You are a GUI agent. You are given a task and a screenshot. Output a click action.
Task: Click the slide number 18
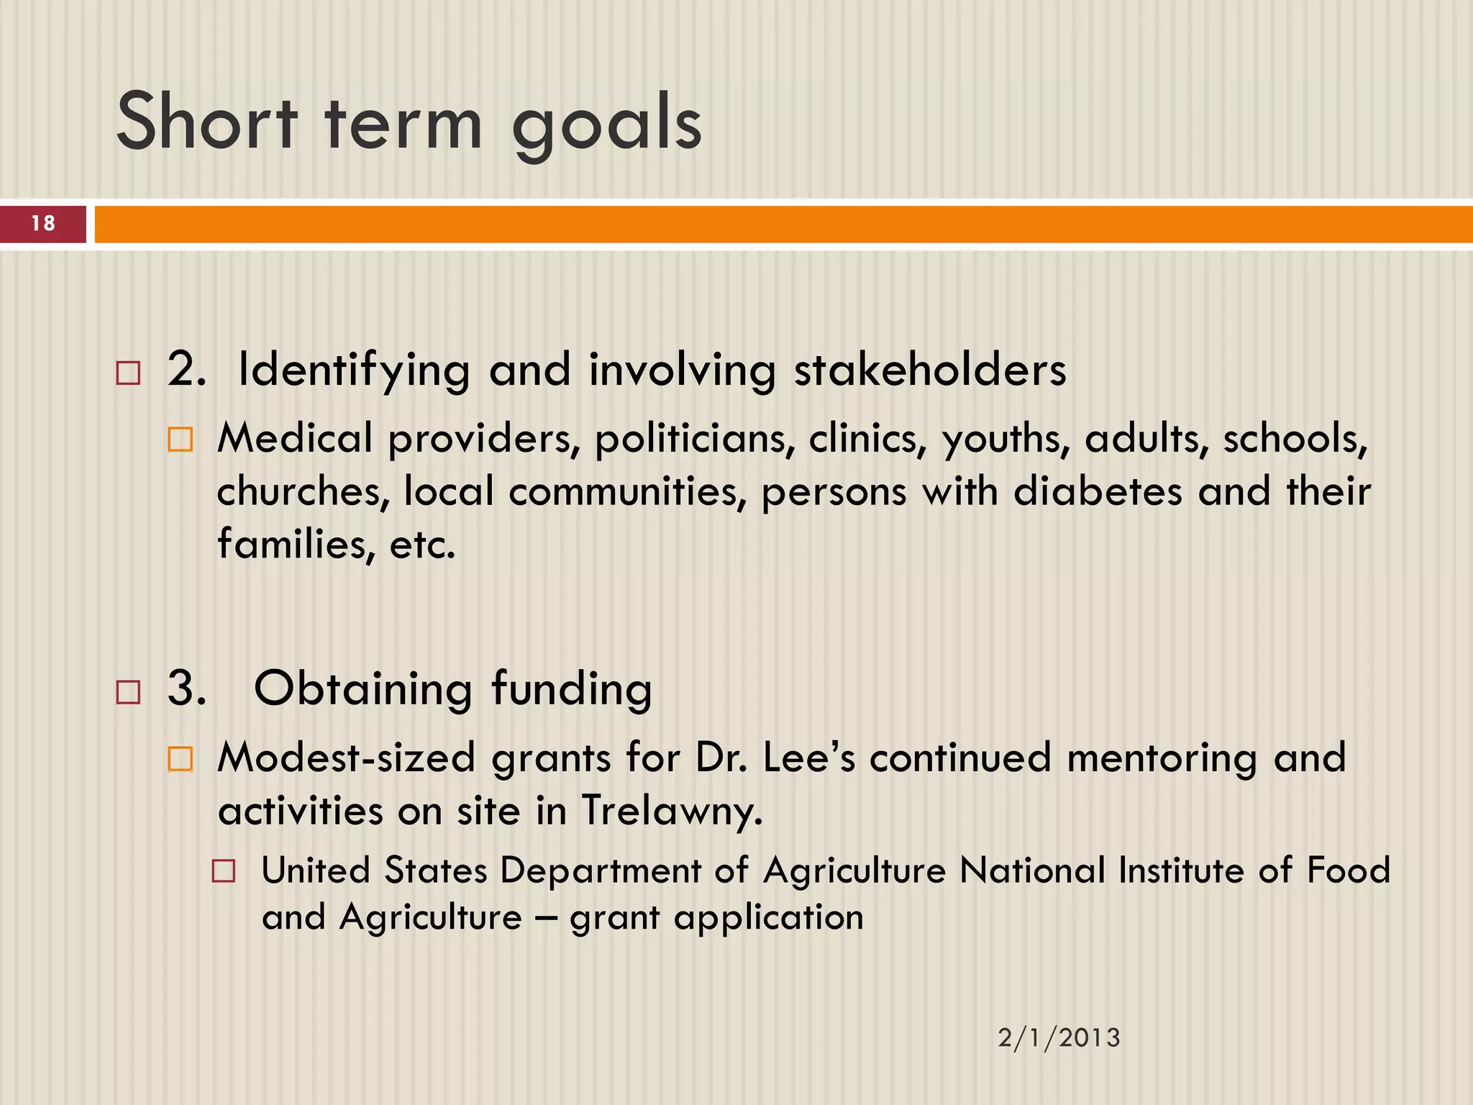43,224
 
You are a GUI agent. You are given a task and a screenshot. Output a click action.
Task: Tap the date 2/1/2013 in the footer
1059,1038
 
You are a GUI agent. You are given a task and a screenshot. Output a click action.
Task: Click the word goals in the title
606,124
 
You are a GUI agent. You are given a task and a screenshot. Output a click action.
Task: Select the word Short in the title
206,122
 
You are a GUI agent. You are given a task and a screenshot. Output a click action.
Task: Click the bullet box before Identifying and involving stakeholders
128,373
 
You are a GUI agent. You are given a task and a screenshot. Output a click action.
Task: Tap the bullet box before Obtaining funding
128,692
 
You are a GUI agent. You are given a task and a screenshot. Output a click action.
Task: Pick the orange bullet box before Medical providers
180,440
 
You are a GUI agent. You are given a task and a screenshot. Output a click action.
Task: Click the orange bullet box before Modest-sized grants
180,759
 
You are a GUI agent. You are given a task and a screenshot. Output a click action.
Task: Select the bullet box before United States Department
224,872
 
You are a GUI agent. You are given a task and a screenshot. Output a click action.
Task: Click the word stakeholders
929,370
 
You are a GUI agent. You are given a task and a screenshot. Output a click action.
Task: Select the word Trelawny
671,811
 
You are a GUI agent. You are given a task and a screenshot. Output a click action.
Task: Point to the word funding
572,689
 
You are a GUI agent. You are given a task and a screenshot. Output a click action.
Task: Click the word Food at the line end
1348,870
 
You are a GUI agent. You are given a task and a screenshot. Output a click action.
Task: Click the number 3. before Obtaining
186,688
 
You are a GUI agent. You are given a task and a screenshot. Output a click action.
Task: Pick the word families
296,545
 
